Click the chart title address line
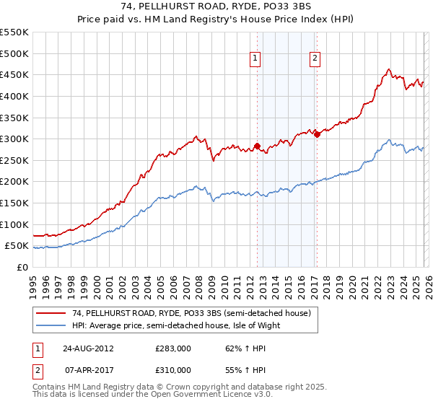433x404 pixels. tap(216, 6)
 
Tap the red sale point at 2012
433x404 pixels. tap(257, 146)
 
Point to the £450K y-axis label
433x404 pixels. tap(14, 74)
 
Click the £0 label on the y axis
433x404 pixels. tap(23, 267)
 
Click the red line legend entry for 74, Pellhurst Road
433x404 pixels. tap(191, 313)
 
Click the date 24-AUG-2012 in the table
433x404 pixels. tap(87, 348)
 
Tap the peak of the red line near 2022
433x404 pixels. tap(388, 69)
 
